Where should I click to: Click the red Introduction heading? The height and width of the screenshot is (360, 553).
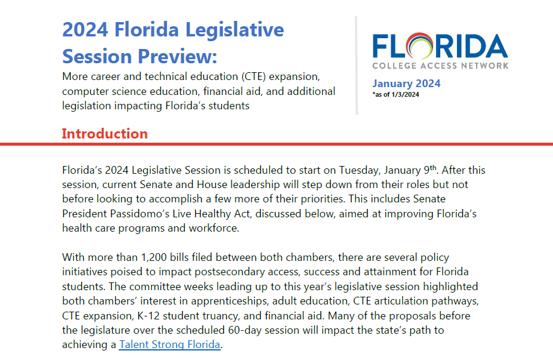pyautogui.click(x=105, y=134)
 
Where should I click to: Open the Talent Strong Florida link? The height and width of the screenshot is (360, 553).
pyautogui.click(x=169, y=344)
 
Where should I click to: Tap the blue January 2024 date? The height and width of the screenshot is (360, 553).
pyautogui.click(x=406, y=84)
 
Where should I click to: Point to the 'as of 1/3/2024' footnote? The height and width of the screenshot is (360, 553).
pyautogui.click(x=396, y=94)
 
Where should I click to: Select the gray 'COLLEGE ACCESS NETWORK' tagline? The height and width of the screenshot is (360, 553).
pyautogui.click(x=440, y=66)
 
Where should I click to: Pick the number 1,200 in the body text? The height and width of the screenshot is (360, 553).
pyautogui.click(x=154, y=257)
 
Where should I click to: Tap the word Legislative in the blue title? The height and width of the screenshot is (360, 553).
pyautogui.click(x=234, y=30)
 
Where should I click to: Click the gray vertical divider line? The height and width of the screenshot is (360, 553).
pyautogui.click(x=357, y=66)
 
